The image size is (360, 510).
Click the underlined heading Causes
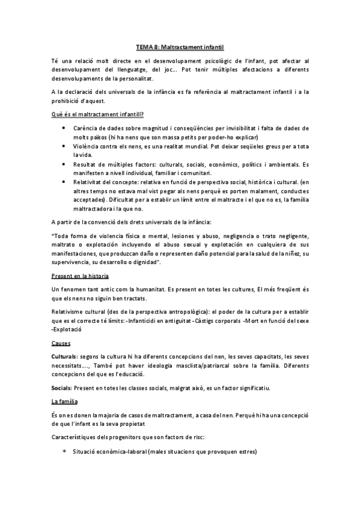[x=61, y=344]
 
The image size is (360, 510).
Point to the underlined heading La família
[x=65, y=401]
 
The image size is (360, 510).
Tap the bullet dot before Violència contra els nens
[x=64, y=147]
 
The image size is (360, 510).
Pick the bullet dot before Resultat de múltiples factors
[x=64, y=164]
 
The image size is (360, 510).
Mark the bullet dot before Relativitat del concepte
[x=64, y=182]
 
